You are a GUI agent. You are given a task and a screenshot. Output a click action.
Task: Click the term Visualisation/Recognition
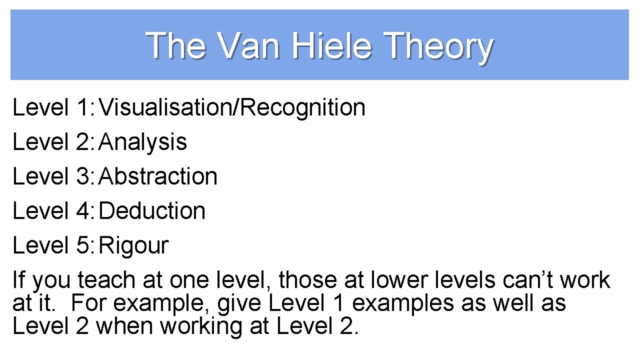coord(232,107)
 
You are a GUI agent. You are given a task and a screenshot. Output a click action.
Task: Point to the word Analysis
coord(143,142)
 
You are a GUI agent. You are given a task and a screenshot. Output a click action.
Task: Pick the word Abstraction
coord(158,176)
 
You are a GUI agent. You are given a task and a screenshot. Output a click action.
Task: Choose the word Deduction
coord(152,211)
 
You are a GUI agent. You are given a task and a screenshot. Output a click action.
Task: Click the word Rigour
coord(134,245)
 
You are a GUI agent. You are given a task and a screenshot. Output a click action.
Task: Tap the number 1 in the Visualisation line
coord(83,107)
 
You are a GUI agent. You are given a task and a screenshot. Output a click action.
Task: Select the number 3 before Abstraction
coord(83,176)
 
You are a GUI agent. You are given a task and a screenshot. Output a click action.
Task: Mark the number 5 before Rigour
coord(83,245)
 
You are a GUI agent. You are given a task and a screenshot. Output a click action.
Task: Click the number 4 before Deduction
coord(83,211)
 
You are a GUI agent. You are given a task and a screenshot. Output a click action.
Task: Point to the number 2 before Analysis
coord(83,142)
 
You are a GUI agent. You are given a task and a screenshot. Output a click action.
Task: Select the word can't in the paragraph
coord(528,280)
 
